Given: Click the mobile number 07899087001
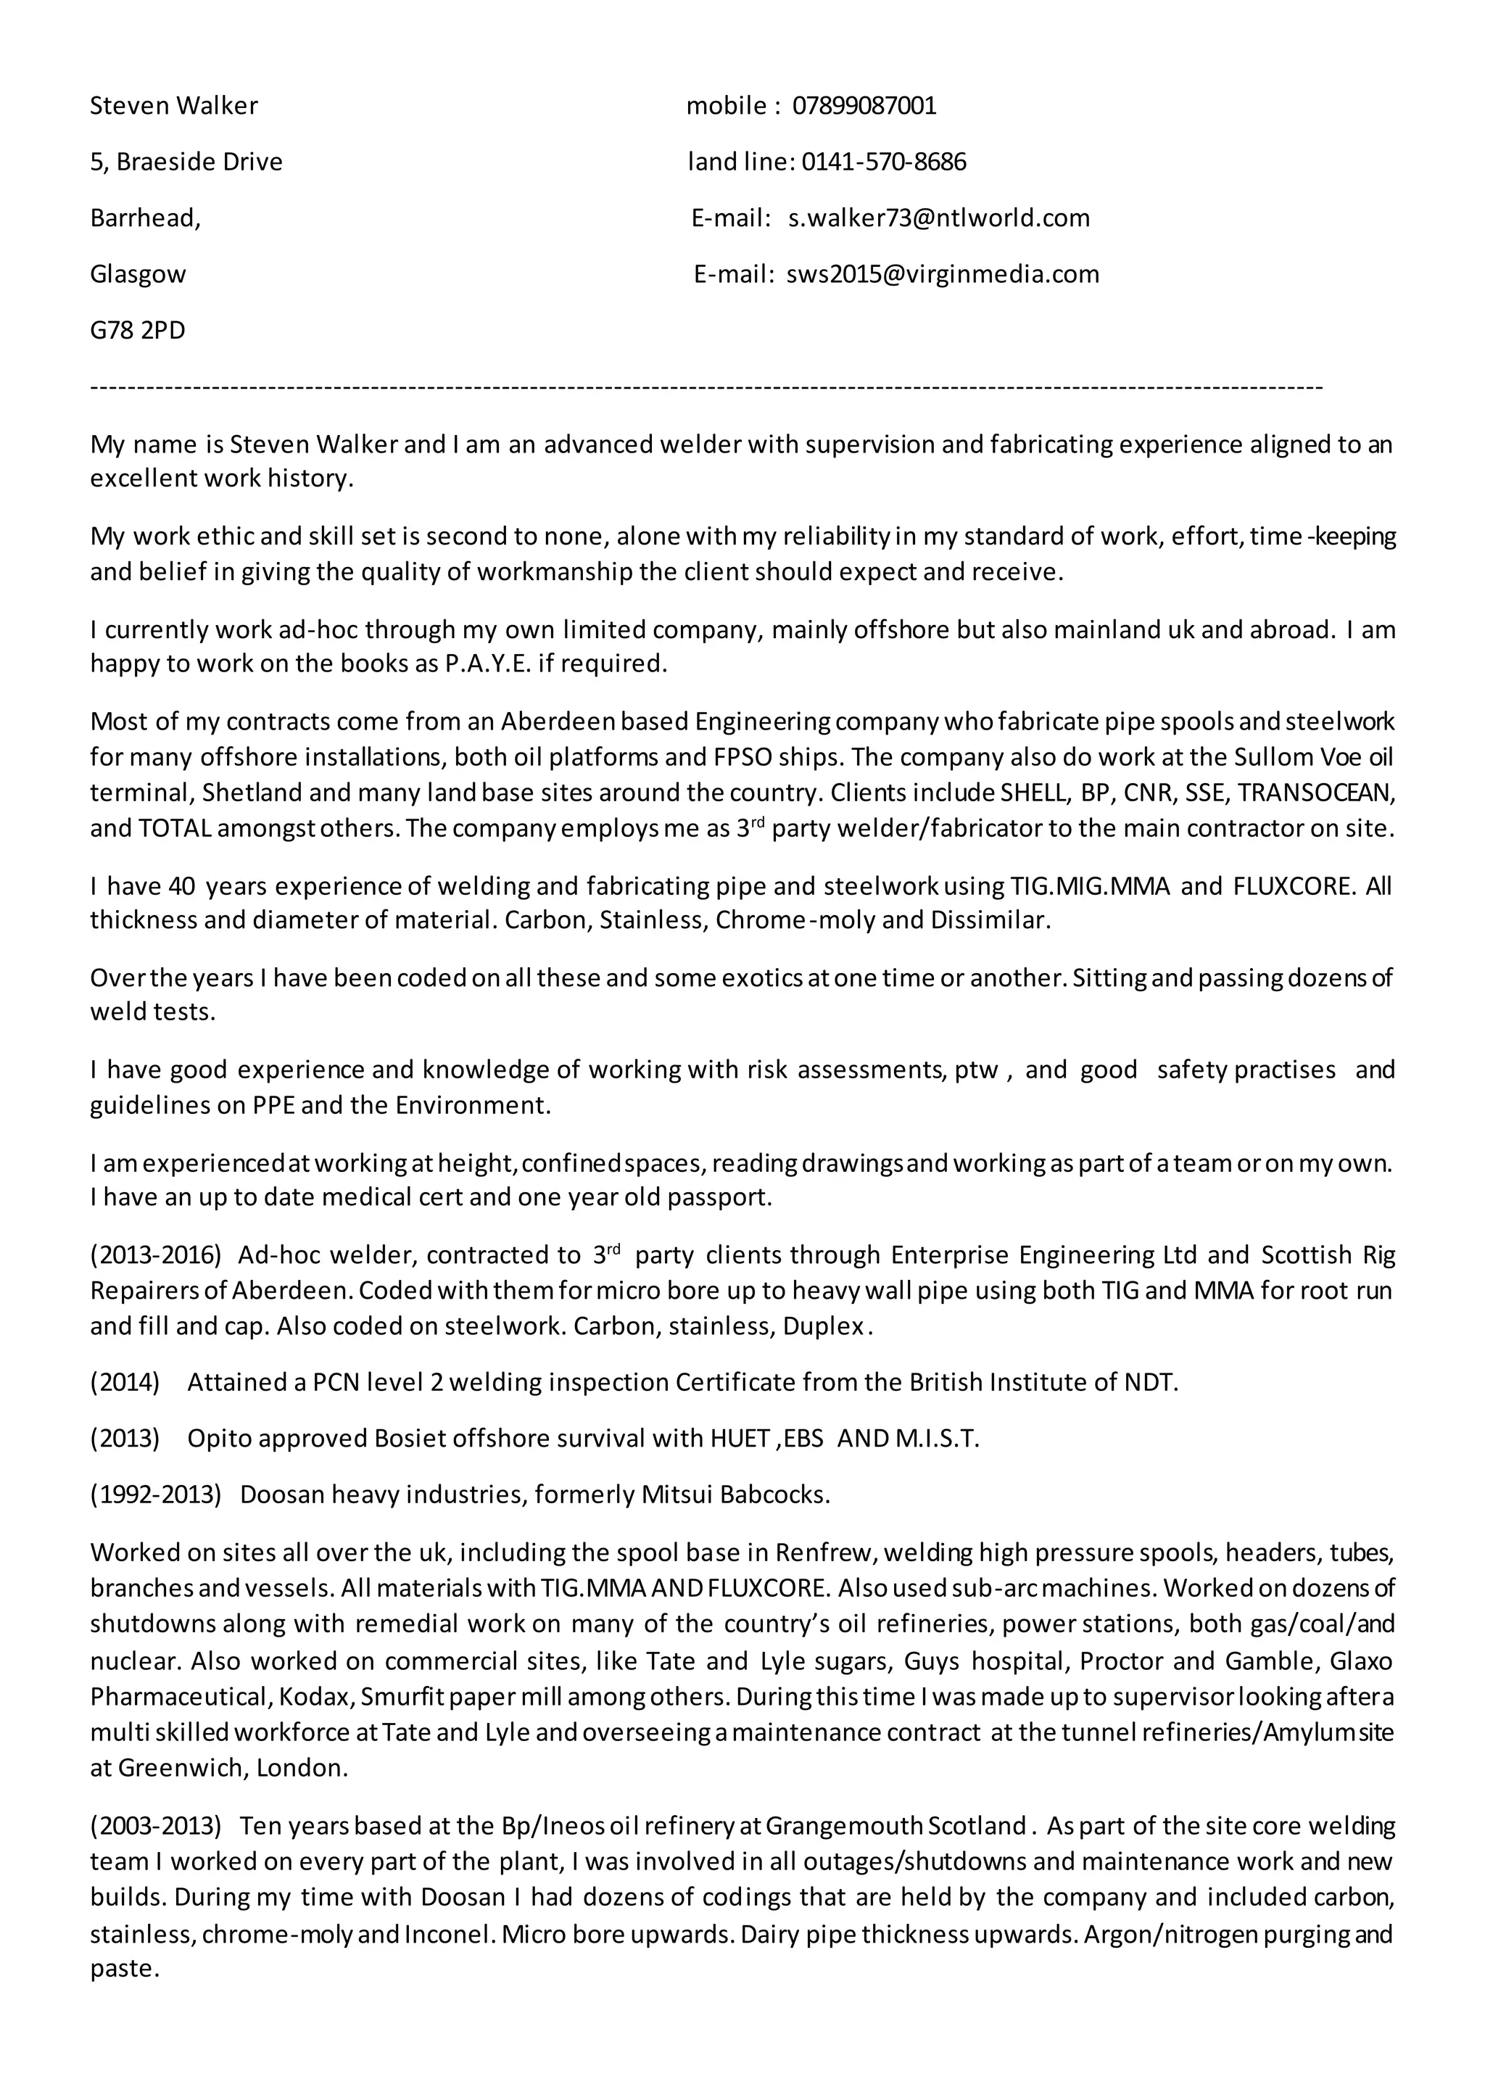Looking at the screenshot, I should [864, 106].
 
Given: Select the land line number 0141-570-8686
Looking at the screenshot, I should [883, 162].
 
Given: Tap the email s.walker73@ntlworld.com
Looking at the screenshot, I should [939, 218].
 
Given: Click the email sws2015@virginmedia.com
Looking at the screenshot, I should [942, 274].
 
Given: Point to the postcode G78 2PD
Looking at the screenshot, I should [137, 330].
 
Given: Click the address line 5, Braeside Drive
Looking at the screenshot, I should [186, 162].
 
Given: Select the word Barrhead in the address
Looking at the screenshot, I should [143, 218].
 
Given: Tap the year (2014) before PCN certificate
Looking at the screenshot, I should [125, 1382].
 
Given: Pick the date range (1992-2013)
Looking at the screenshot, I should [155, 1495].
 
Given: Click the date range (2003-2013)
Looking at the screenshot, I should [155, 1827].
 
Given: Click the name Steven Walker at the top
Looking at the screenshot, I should [174, 106].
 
